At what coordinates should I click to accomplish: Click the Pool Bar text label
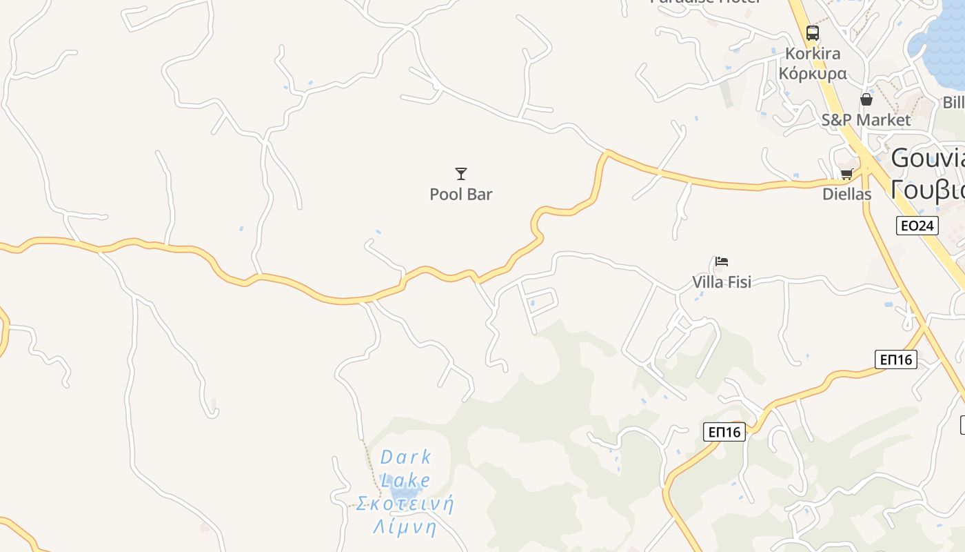pos(461,195)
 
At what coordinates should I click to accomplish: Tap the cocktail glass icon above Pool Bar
pos(461,173)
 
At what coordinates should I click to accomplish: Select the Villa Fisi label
pos(722,282)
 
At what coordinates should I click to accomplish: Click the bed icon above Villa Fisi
pos(722,261)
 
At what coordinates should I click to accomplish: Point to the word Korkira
pos(813,54)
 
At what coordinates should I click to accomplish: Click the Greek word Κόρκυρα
pos(813,73)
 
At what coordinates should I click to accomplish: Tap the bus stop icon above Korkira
pos(813,32)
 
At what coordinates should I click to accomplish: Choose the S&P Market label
pos(866,120)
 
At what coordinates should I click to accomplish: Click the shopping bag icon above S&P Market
pos(866,99)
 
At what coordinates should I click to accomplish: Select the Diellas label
pos(847,195)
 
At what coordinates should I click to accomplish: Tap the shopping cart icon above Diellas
pos(846,173)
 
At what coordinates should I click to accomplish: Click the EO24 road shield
pos(917,226)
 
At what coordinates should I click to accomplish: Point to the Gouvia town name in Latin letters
pos(928,159)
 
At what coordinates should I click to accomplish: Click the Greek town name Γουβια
pos(928,188)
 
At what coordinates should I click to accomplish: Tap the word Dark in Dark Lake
pos(406,457)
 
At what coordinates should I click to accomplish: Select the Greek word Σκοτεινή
pos(406,503)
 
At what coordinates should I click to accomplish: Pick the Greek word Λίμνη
pos(406,527)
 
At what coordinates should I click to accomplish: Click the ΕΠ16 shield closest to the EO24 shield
pos(896,359)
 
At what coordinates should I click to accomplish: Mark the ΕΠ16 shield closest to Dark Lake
pos(725,432)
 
